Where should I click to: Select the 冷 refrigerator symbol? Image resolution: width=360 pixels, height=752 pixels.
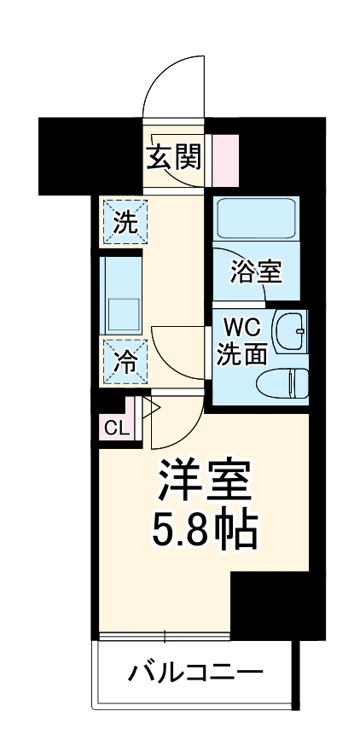pyautogui.click(x=125, y=362)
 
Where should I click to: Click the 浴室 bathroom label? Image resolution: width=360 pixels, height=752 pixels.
pyautogui.click(x=257, y=272)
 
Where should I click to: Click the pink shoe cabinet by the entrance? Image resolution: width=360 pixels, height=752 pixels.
pyautogui.click(x=225, y=157)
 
